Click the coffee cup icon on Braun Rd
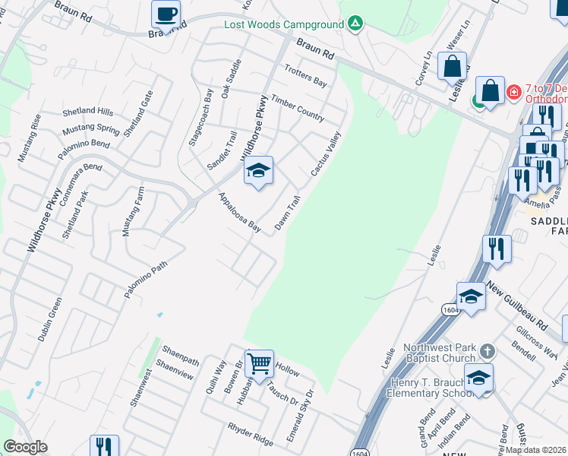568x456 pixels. point(166,14)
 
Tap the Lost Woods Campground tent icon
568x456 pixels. point(355,24)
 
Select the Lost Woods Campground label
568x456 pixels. point(284,24)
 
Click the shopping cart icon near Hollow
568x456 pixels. point(260,363)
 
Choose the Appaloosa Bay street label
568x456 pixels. point(239,212)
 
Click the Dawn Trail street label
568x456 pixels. point(288,213)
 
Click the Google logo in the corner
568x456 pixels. point(25,447)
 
